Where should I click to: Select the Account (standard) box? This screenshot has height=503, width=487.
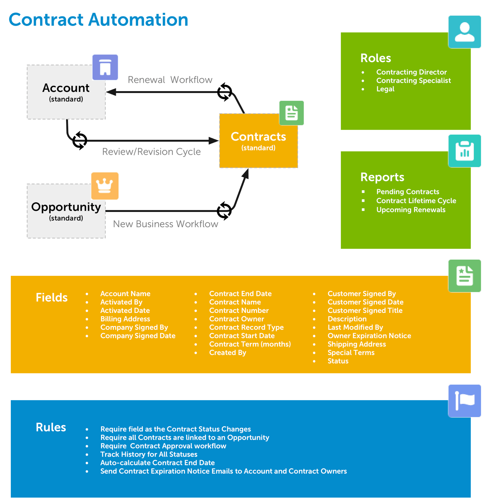66,92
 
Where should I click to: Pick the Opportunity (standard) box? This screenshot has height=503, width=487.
66,211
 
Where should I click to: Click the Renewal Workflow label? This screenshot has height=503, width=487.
170,80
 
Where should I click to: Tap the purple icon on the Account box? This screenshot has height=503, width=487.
105,67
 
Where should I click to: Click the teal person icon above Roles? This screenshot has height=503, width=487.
464,32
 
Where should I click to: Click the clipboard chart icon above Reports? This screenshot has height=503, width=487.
464,151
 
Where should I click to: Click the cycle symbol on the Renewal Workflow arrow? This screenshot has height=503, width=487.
224,92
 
